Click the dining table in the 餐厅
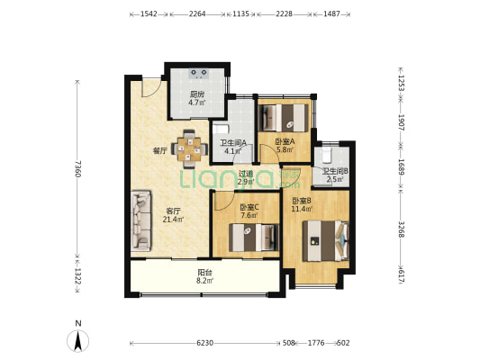[x=190, y=149]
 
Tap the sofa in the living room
[x=140, y=220]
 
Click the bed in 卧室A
[x=284, y=118]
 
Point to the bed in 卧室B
[x=326, y=240]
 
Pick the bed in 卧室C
[x=254, y=238]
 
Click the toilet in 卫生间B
[x=327, y=155]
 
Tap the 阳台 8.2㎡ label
[x=204, y=276]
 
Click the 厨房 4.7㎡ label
[x=197, y=98]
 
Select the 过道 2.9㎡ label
[x=246, y=177]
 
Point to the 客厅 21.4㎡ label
[x=173, y=215]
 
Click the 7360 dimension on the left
[x=77, y=168]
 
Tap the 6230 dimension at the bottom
[x=204, y=343]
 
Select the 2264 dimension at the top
[x=197, y=13]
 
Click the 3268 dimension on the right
[x=402, y=229]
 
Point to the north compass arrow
[x=78, y=341]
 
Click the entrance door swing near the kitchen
[x=151, y=88]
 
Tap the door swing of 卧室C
[x=223, y=201]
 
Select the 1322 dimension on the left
[x=77, y=276]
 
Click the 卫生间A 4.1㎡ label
[x=233, y=147]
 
